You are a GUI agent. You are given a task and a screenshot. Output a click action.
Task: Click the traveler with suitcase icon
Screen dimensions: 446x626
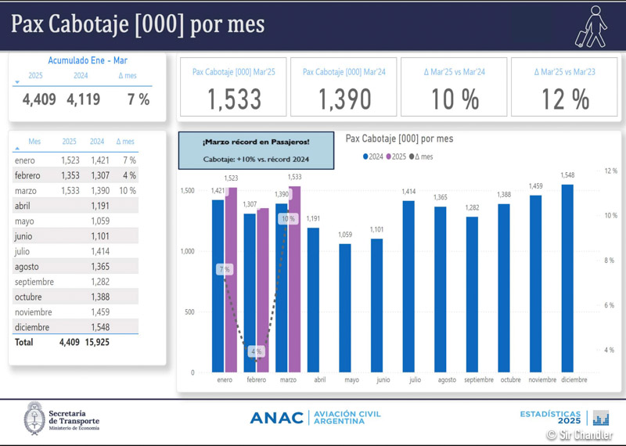click(x=591, y=25)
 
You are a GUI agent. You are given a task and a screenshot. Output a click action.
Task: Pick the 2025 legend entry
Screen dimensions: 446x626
click(x=398, y=156)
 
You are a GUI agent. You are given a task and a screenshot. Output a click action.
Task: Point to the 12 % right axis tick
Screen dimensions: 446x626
click(x=611, y=171)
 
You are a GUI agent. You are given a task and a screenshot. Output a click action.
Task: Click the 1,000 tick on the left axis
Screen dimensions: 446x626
click(x=188, y=251)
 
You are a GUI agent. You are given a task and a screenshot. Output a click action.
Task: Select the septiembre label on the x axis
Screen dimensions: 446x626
click(x=478, y=379)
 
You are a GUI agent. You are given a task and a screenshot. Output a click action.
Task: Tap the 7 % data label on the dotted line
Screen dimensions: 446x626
click(x=225, y=269)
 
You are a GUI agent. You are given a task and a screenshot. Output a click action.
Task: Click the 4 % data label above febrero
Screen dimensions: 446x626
click(x=257, y=352)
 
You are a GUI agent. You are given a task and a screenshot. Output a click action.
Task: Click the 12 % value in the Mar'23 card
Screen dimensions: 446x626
click(x=564, y=99)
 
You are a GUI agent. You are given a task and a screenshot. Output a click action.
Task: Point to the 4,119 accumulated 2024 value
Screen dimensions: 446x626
click(x=83, y=99)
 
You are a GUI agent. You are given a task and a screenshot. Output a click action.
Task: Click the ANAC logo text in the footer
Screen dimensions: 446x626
click(x=276, y=418)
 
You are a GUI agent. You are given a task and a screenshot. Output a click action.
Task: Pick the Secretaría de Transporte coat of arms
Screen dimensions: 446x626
click(x=34, y=417)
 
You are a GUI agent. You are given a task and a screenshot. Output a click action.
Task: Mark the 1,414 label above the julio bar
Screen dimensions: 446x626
click(x=409, y=192)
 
